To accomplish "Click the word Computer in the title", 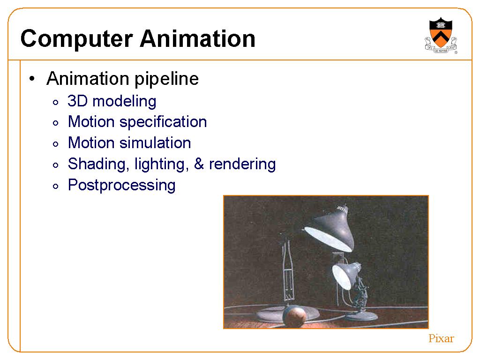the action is click(76, 39).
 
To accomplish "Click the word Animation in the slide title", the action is click(198, 38).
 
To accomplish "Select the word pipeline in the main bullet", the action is click(167, 79).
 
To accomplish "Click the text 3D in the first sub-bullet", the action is click(78, 101).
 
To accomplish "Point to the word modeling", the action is click(124, 102).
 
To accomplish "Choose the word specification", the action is click(163, 122).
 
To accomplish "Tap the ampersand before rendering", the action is click(199, 164).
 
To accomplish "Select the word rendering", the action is click(242, 165).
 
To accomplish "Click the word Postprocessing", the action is click(122, 186).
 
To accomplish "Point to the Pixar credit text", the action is click(441, 338).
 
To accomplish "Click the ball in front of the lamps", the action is click(294, 316).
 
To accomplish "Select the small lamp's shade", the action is click(345, 275).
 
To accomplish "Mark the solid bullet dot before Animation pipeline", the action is click(32, 79).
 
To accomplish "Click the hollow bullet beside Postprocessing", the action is click(55, 186).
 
